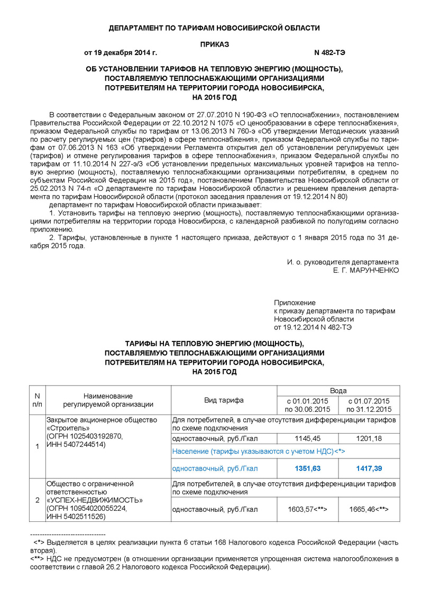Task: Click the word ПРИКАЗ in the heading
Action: click(215, 44)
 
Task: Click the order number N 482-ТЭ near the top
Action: click(330, 53)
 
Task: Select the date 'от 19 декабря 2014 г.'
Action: click(121, 53)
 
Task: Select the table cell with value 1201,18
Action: click(369, 438)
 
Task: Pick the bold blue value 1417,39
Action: click(369, 468)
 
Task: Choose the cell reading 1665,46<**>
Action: click(369, 509)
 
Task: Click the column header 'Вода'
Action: click(338, 390)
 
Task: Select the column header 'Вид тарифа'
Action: click(224, 400)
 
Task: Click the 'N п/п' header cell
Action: click(37, 400)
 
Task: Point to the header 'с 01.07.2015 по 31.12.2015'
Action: click(369, 405)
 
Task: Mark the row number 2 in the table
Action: click(37, 500)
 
